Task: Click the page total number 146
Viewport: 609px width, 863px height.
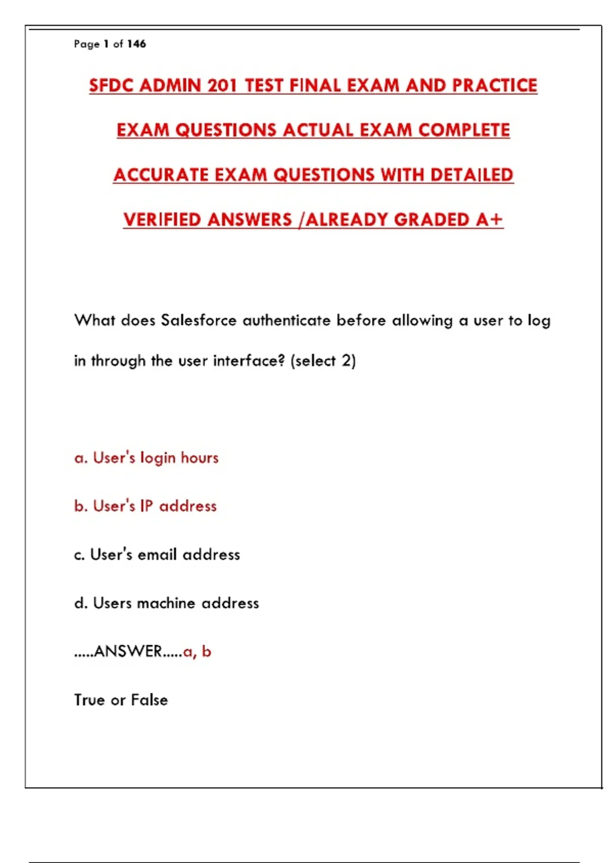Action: coord(137,44)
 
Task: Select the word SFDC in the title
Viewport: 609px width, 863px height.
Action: coord(111,85)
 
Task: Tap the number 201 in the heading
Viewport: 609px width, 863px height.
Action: coord(222,85)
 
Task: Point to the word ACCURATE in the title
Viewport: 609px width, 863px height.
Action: coord(161,175)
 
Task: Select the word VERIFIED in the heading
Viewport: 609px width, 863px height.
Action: coord(162,219)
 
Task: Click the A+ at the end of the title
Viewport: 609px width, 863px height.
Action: coord(489,219)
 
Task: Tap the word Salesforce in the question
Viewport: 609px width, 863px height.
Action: coord(198,320)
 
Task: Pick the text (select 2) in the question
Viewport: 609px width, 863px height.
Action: coord(323,361)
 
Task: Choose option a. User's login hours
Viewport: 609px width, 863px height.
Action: coord(146,458)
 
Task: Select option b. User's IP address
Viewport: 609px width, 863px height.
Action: coord(145,506)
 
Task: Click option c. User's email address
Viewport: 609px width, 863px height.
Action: coord(157,554)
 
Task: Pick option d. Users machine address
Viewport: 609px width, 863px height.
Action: coord(166,603)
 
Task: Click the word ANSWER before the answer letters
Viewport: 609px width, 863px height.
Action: coord(128,651)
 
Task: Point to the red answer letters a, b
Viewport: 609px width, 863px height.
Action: coord(197,651)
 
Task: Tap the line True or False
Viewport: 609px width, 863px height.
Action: coord(121,700)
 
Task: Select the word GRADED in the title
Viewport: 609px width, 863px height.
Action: coord(431,219)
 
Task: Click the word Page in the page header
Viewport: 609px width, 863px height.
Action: coord(86,44)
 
